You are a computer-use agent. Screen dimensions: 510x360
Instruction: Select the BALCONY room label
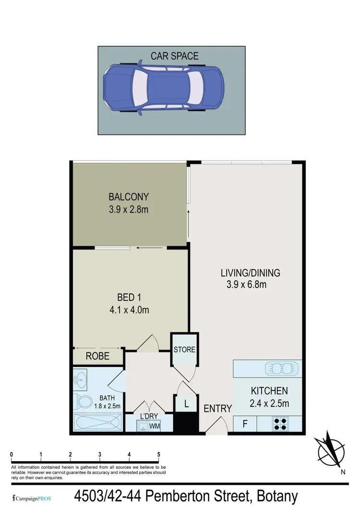point(129,196)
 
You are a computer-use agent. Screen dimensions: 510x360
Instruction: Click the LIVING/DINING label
point(250,273)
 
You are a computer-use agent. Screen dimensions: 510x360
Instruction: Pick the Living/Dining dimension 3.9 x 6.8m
point(247,285)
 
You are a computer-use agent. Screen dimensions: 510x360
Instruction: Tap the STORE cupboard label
point(184,349)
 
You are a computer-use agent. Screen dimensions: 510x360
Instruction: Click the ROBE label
point(97,356)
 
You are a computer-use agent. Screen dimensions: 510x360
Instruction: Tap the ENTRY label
point(217,409)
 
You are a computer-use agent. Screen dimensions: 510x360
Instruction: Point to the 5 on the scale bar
point(159,454)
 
